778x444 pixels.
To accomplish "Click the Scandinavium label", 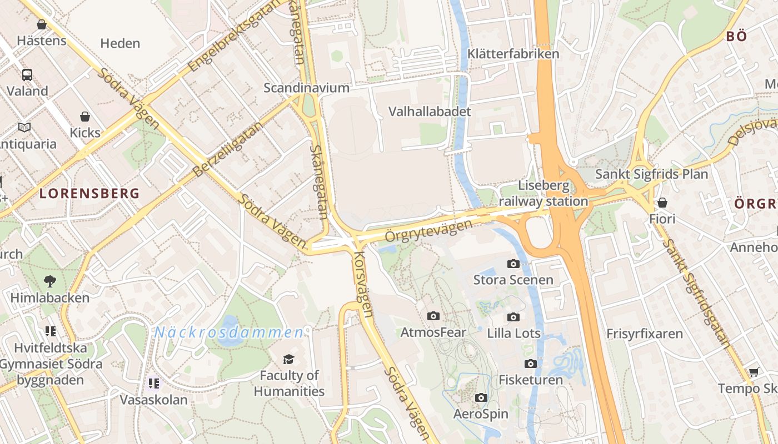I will pyautogui.click(x=306, y=88).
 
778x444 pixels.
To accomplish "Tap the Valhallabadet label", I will pyautogui.click(x=430, y=111).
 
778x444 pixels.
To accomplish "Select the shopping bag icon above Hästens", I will pyautogui.click(x=42, y=24).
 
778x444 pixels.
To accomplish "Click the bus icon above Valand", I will pyautogui.click(x=27, y=74).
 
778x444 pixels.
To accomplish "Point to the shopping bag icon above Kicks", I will pyautogui.click(x=85, y=117).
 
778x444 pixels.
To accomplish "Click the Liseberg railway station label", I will pyautogui.click(x=543, y=193).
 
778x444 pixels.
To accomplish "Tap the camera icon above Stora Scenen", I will pyautogui.click(x=513, y=264).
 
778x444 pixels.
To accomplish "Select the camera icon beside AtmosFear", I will pyautogui.click(x=433, y=316).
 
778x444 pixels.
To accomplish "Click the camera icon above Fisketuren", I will pyautogui.click(x=531, y=364).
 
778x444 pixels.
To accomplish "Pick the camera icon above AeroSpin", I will pyautogui.click(x=481, y=397).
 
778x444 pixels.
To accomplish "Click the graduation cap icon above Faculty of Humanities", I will pyautogui.click(x=288, y=359).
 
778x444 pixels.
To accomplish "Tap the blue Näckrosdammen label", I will pyautogui.click(x=229, y=332).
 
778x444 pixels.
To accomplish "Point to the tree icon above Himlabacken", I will pyautogui.click(x=50, y=281).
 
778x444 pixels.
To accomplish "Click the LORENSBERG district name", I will pyautogui.click(x=89, y=194).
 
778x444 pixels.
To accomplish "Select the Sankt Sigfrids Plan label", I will pyautogui.click(x=651, y=174).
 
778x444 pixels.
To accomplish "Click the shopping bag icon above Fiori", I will pyautogui.click(x=662, y=203).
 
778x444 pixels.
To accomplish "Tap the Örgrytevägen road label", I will pyautogui.click(x=428, y=230).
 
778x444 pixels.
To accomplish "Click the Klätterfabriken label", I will pyautogui.click(x=513, y=54).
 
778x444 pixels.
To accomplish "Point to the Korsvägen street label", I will pyautogui.click(x=362, y=284).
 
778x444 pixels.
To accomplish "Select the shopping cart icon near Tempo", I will pyautogui.click(x=754, y=372).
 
